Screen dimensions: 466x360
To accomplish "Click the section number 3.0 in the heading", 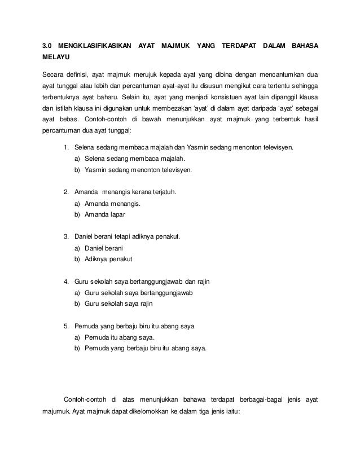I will click(48, 45).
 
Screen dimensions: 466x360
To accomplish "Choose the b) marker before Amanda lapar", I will click(77, 215).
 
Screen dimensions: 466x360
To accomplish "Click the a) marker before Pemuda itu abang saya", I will click(77, 336).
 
